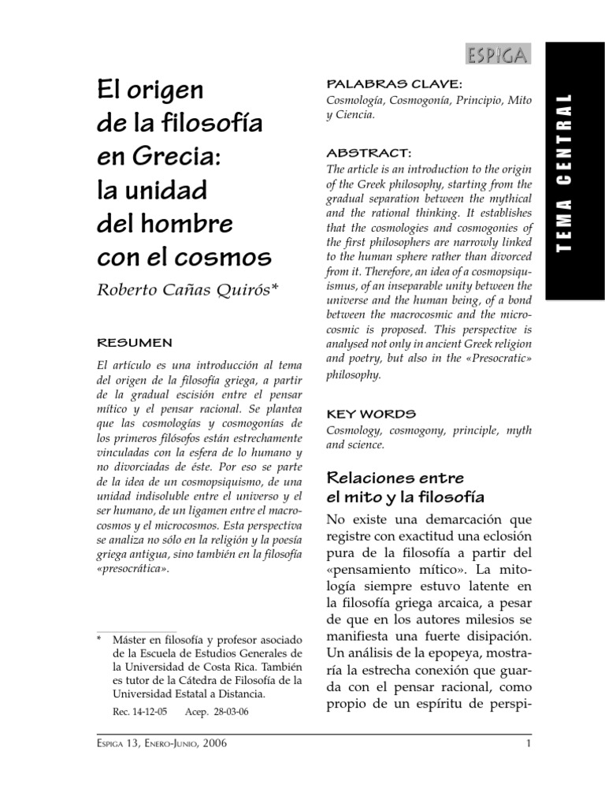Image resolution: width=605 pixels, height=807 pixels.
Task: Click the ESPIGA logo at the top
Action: tap(498, 55)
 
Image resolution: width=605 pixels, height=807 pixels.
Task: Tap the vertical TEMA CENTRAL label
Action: tap(563, 173)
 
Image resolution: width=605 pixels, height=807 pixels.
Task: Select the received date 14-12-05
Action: tap(153, 711)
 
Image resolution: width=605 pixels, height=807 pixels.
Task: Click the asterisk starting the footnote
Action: tap(99, 638)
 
